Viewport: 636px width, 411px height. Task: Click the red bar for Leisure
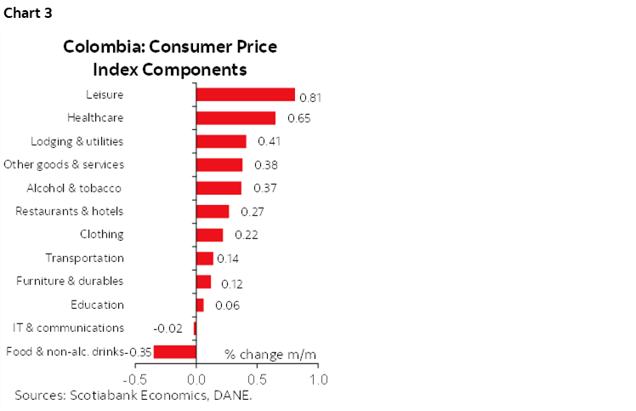245,94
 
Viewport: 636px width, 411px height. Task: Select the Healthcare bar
236,117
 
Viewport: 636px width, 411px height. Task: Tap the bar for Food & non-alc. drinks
175,351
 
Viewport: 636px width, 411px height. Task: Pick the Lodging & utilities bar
221,141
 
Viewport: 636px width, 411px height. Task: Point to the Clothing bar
209,235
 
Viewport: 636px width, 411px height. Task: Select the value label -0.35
139,351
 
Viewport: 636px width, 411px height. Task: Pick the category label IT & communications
68,328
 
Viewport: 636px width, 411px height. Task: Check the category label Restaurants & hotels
70,211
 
